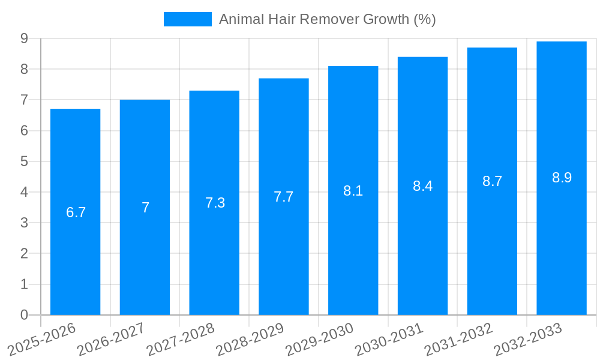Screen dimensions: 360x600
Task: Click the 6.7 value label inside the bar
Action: tap(76, 212)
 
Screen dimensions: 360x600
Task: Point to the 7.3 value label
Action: tap(215, 203)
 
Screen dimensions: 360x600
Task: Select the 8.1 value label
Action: tap(353, 191)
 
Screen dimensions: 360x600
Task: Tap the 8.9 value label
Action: tap(562, 178)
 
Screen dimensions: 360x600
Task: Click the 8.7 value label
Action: tap(492, 181)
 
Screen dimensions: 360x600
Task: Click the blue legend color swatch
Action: tap(187, 19)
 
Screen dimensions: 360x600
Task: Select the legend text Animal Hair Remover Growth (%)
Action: tap(327, 19)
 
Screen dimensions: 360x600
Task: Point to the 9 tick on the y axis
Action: tap(25, 38)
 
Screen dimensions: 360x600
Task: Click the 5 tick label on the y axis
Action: tap(25, 161)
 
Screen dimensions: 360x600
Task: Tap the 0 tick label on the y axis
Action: tap(25, 315)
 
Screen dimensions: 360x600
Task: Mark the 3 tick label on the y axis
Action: tap(25, 223)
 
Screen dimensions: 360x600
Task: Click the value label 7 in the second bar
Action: tap(145, 208)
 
